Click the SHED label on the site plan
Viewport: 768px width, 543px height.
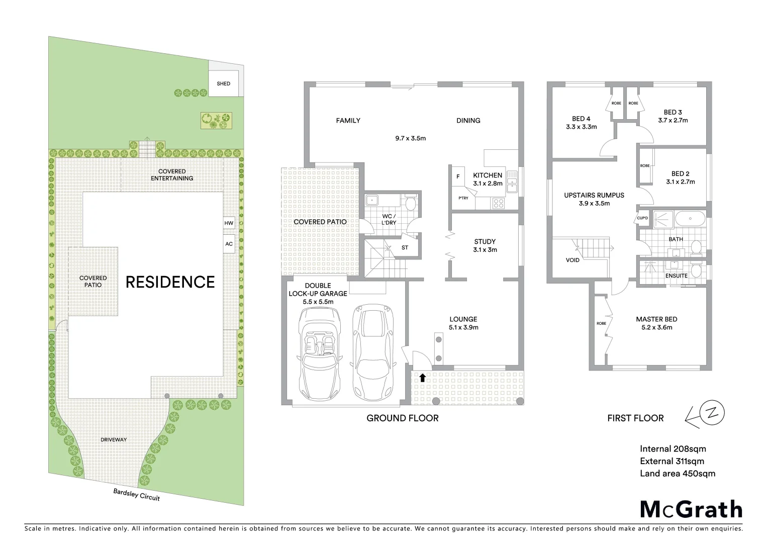point(224,83)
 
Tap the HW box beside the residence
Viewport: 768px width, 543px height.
point(229,223)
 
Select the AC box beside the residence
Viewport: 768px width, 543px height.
point(229,244)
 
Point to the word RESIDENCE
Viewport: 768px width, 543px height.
point(170,282)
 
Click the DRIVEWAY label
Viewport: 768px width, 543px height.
point(113,439)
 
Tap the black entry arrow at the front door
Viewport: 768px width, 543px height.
point(423,378)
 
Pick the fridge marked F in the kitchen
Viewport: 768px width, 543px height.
point(458,177)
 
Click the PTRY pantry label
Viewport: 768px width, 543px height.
point(463,198)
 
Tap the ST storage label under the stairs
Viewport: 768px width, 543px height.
point(405,248)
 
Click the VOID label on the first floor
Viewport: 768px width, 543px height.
point(572,260)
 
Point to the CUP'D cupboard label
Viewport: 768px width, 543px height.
point(642,218)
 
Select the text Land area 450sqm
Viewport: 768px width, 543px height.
point(677,473)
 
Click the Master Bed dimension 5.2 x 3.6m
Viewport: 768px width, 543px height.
point(656,327)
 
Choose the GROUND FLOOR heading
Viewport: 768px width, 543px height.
point(402,418)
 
